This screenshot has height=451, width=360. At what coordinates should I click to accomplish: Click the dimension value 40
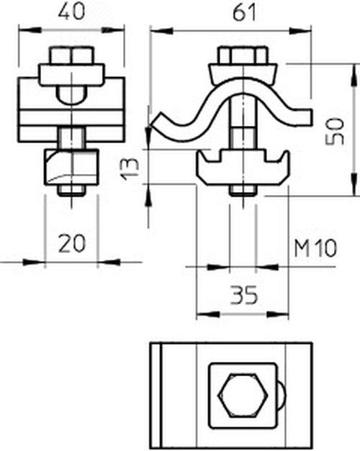point(71,12)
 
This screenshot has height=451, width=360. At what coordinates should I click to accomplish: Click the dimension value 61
point(244,13)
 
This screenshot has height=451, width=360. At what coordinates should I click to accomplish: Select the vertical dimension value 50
point(335,131)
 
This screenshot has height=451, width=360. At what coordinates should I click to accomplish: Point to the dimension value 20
point(72,243)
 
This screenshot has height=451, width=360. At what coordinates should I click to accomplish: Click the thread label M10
point(315,248)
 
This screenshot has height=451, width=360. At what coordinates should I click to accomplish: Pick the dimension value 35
point(243,296)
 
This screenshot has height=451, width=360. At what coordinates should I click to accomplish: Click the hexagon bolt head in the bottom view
point(243,395)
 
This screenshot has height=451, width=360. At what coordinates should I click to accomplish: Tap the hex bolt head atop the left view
point(71,56)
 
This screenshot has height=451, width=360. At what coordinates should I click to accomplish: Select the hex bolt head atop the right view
point(243,56)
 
